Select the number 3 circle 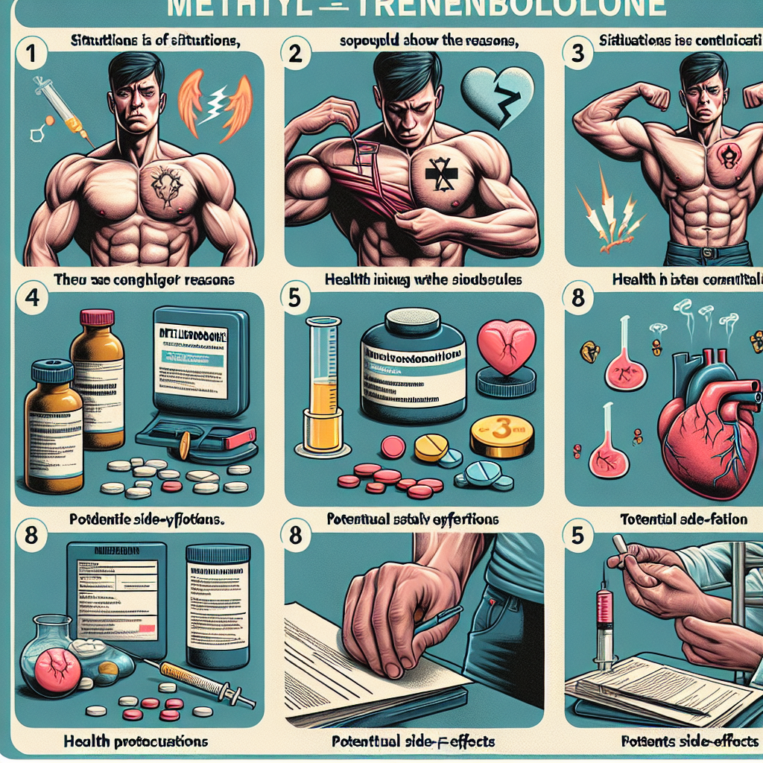click(x=575, y=53)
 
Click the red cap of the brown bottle click(x=96, y=318)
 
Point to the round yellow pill click(x=431, y=447)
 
